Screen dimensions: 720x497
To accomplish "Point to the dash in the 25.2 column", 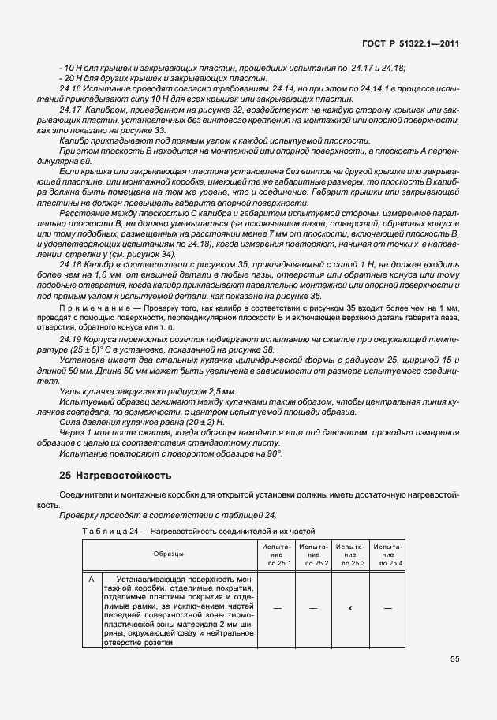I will pyautogui.click(x=313, y=607).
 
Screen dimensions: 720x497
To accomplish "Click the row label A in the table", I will pyautogui.click(x=92, y=580).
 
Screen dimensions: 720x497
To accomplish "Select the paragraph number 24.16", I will pyautogui.click(x=72, y=91).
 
